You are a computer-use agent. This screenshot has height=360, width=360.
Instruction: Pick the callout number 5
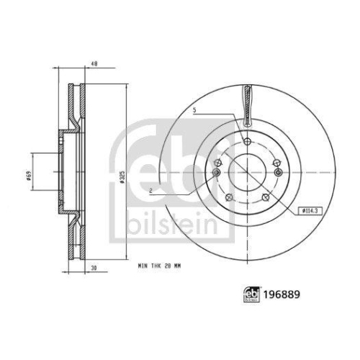pos(194,110)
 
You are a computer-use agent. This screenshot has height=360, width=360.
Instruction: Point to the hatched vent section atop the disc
pos(246,104)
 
